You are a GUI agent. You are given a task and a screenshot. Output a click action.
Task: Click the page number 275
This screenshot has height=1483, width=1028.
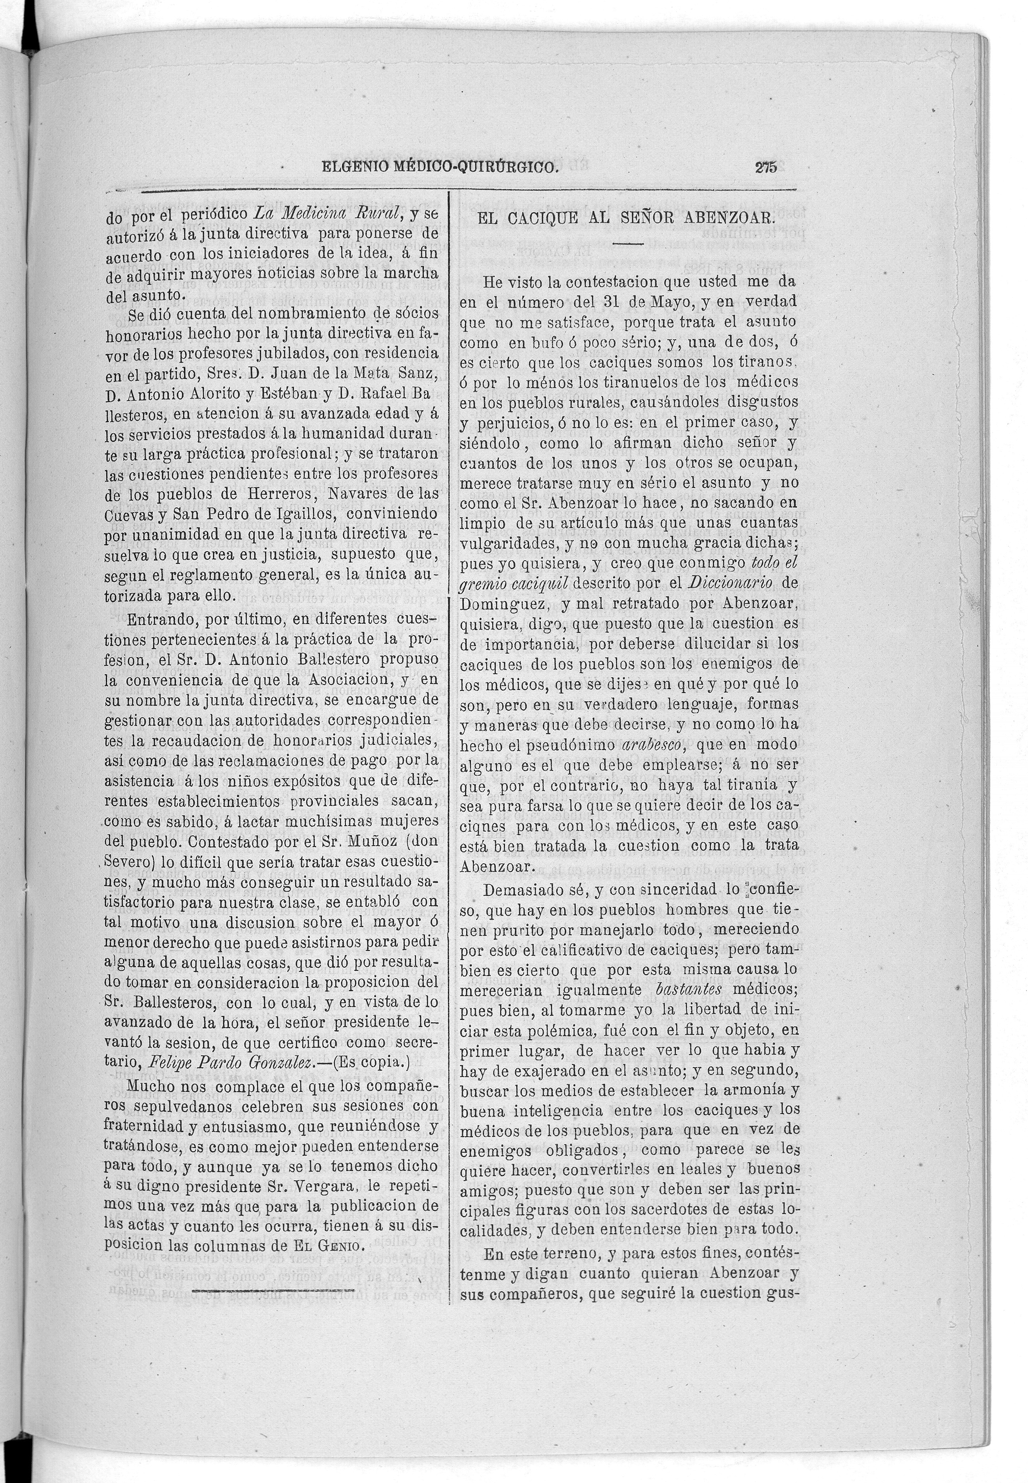coord(766,168)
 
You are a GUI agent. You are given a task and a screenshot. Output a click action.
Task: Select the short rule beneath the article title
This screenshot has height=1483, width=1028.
coord(627,244)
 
